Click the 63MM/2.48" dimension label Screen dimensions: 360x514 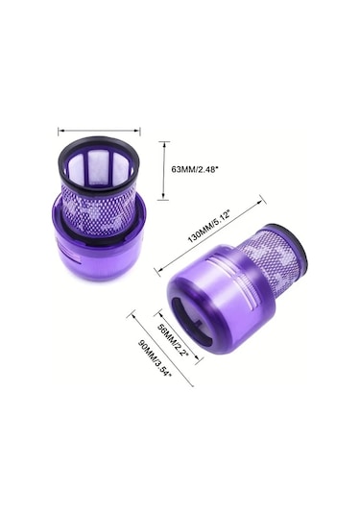click(x=195, y=169)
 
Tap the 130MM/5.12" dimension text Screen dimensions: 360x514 click(x=211, y=227)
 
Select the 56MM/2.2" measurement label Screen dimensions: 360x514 click(x=174, y=341)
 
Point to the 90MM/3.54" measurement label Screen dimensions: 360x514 click(x=155, y=359)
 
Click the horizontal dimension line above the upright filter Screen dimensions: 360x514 click(x=99, y=131)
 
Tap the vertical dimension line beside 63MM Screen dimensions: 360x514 click(x=163, y=170)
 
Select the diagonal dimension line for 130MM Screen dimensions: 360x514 click(x=209, y=236)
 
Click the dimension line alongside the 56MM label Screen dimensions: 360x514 click(x=180, y=336)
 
